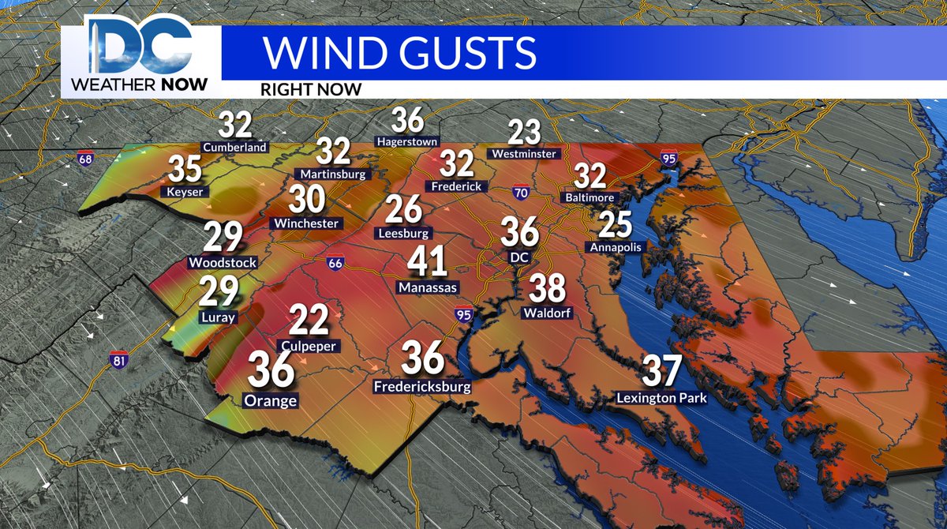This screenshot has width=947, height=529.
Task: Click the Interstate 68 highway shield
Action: pos(85,159)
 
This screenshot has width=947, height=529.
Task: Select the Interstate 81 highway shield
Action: pos(119,359)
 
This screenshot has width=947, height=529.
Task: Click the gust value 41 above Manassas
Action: pos(428,264)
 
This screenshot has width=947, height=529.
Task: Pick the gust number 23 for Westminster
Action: pos(522,131)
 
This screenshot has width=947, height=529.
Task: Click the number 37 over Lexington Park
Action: pos(662,372)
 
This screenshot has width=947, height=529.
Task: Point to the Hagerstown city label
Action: pos(408,141)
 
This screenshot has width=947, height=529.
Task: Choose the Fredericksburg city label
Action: pos(422,387)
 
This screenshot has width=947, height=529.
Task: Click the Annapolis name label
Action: pos(616,247)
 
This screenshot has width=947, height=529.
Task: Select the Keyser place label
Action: pos(184,191)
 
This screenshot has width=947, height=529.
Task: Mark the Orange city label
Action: pos(270,401)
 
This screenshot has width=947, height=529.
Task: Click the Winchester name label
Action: pos(306,223)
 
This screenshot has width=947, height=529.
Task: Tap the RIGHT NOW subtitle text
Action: pos(313,89)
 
